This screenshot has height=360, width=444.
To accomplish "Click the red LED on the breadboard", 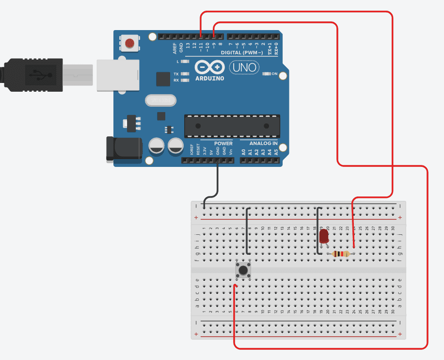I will [324, 236].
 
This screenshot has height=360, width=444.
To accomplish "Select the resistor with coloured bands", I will [341, 254].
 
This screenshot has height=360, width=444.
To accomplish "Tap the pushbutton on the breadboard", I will [243, 270].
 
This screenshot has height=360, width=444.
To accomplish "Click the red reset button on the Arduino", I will [130, 43].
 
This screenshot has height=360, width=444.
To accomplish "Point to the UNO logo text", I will [244, 67].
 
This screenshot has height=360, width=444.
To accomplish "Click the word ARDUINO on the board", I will [209, 78].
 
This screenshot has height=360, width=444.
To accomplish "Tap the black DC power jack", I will [124, 148].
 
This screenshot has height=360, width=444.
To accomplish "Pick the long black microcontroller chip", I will [232, 126].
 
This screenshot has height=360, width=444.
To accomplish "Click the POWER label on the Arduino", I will [223, 144].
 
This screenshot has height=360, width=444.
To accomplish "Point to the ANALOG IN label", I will [263, 144].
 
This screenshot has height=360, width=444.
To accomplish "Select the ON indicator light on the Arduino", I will [267, 74].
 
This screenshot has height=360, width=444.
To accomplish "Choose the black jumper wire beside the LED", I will [317, 230].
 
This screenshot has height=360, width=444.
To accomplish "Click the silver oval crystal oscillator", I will [160, 100].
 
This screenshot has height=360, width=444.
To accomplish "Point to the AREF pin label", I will [175, 48].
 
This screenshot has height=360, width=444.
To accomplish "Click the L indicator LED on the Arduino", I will [185, 62].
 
